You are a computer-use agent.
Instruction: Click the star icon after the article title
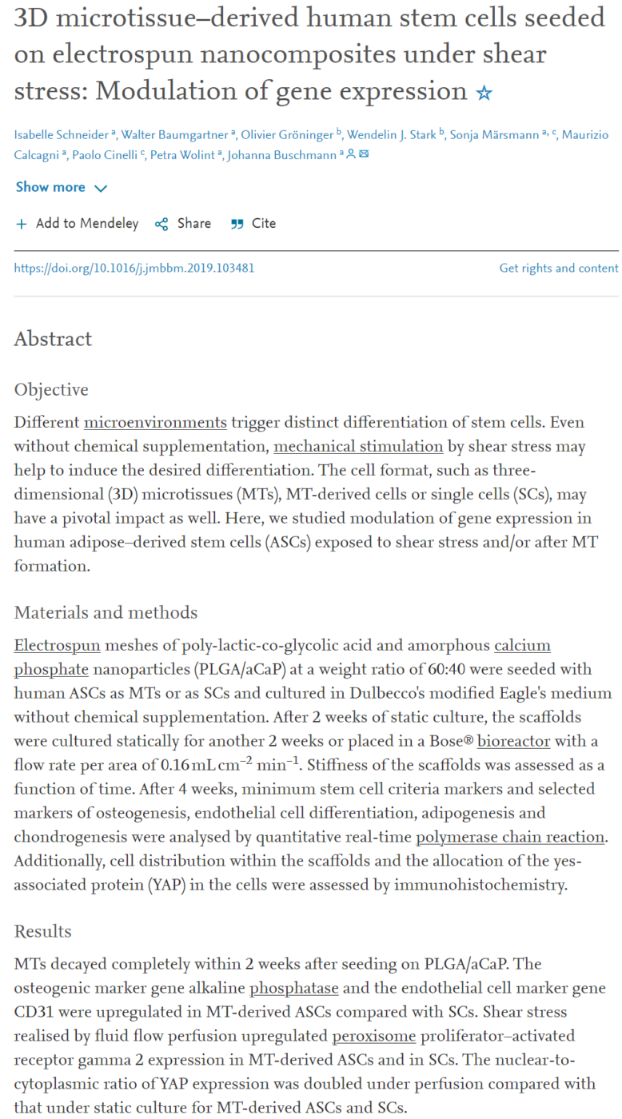pos(484,94)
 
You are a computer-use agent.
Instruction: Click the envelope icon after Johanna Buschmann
pos(364,154)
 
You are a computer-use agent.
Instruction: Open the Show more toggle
pos(61,187)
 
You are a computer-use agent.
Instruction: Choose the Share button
pos(183,224)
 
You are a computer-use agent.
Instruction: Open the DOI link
pos(134,269)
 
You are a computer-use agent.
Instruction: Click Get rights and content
pos(559,269)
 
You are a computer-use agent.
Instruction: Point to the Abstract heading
pos(53,339)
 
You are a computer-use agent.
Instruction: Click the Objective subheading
pos(51,390)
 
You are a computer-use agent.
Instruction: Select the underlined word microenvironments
pos(155,421)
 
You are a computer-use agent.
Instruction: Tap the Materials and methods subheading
pos(106,613)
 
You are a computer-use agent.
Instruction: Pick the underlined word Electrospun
pos(53,644)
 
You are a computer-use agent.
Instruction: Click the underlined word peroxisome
pos(374,1036)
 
